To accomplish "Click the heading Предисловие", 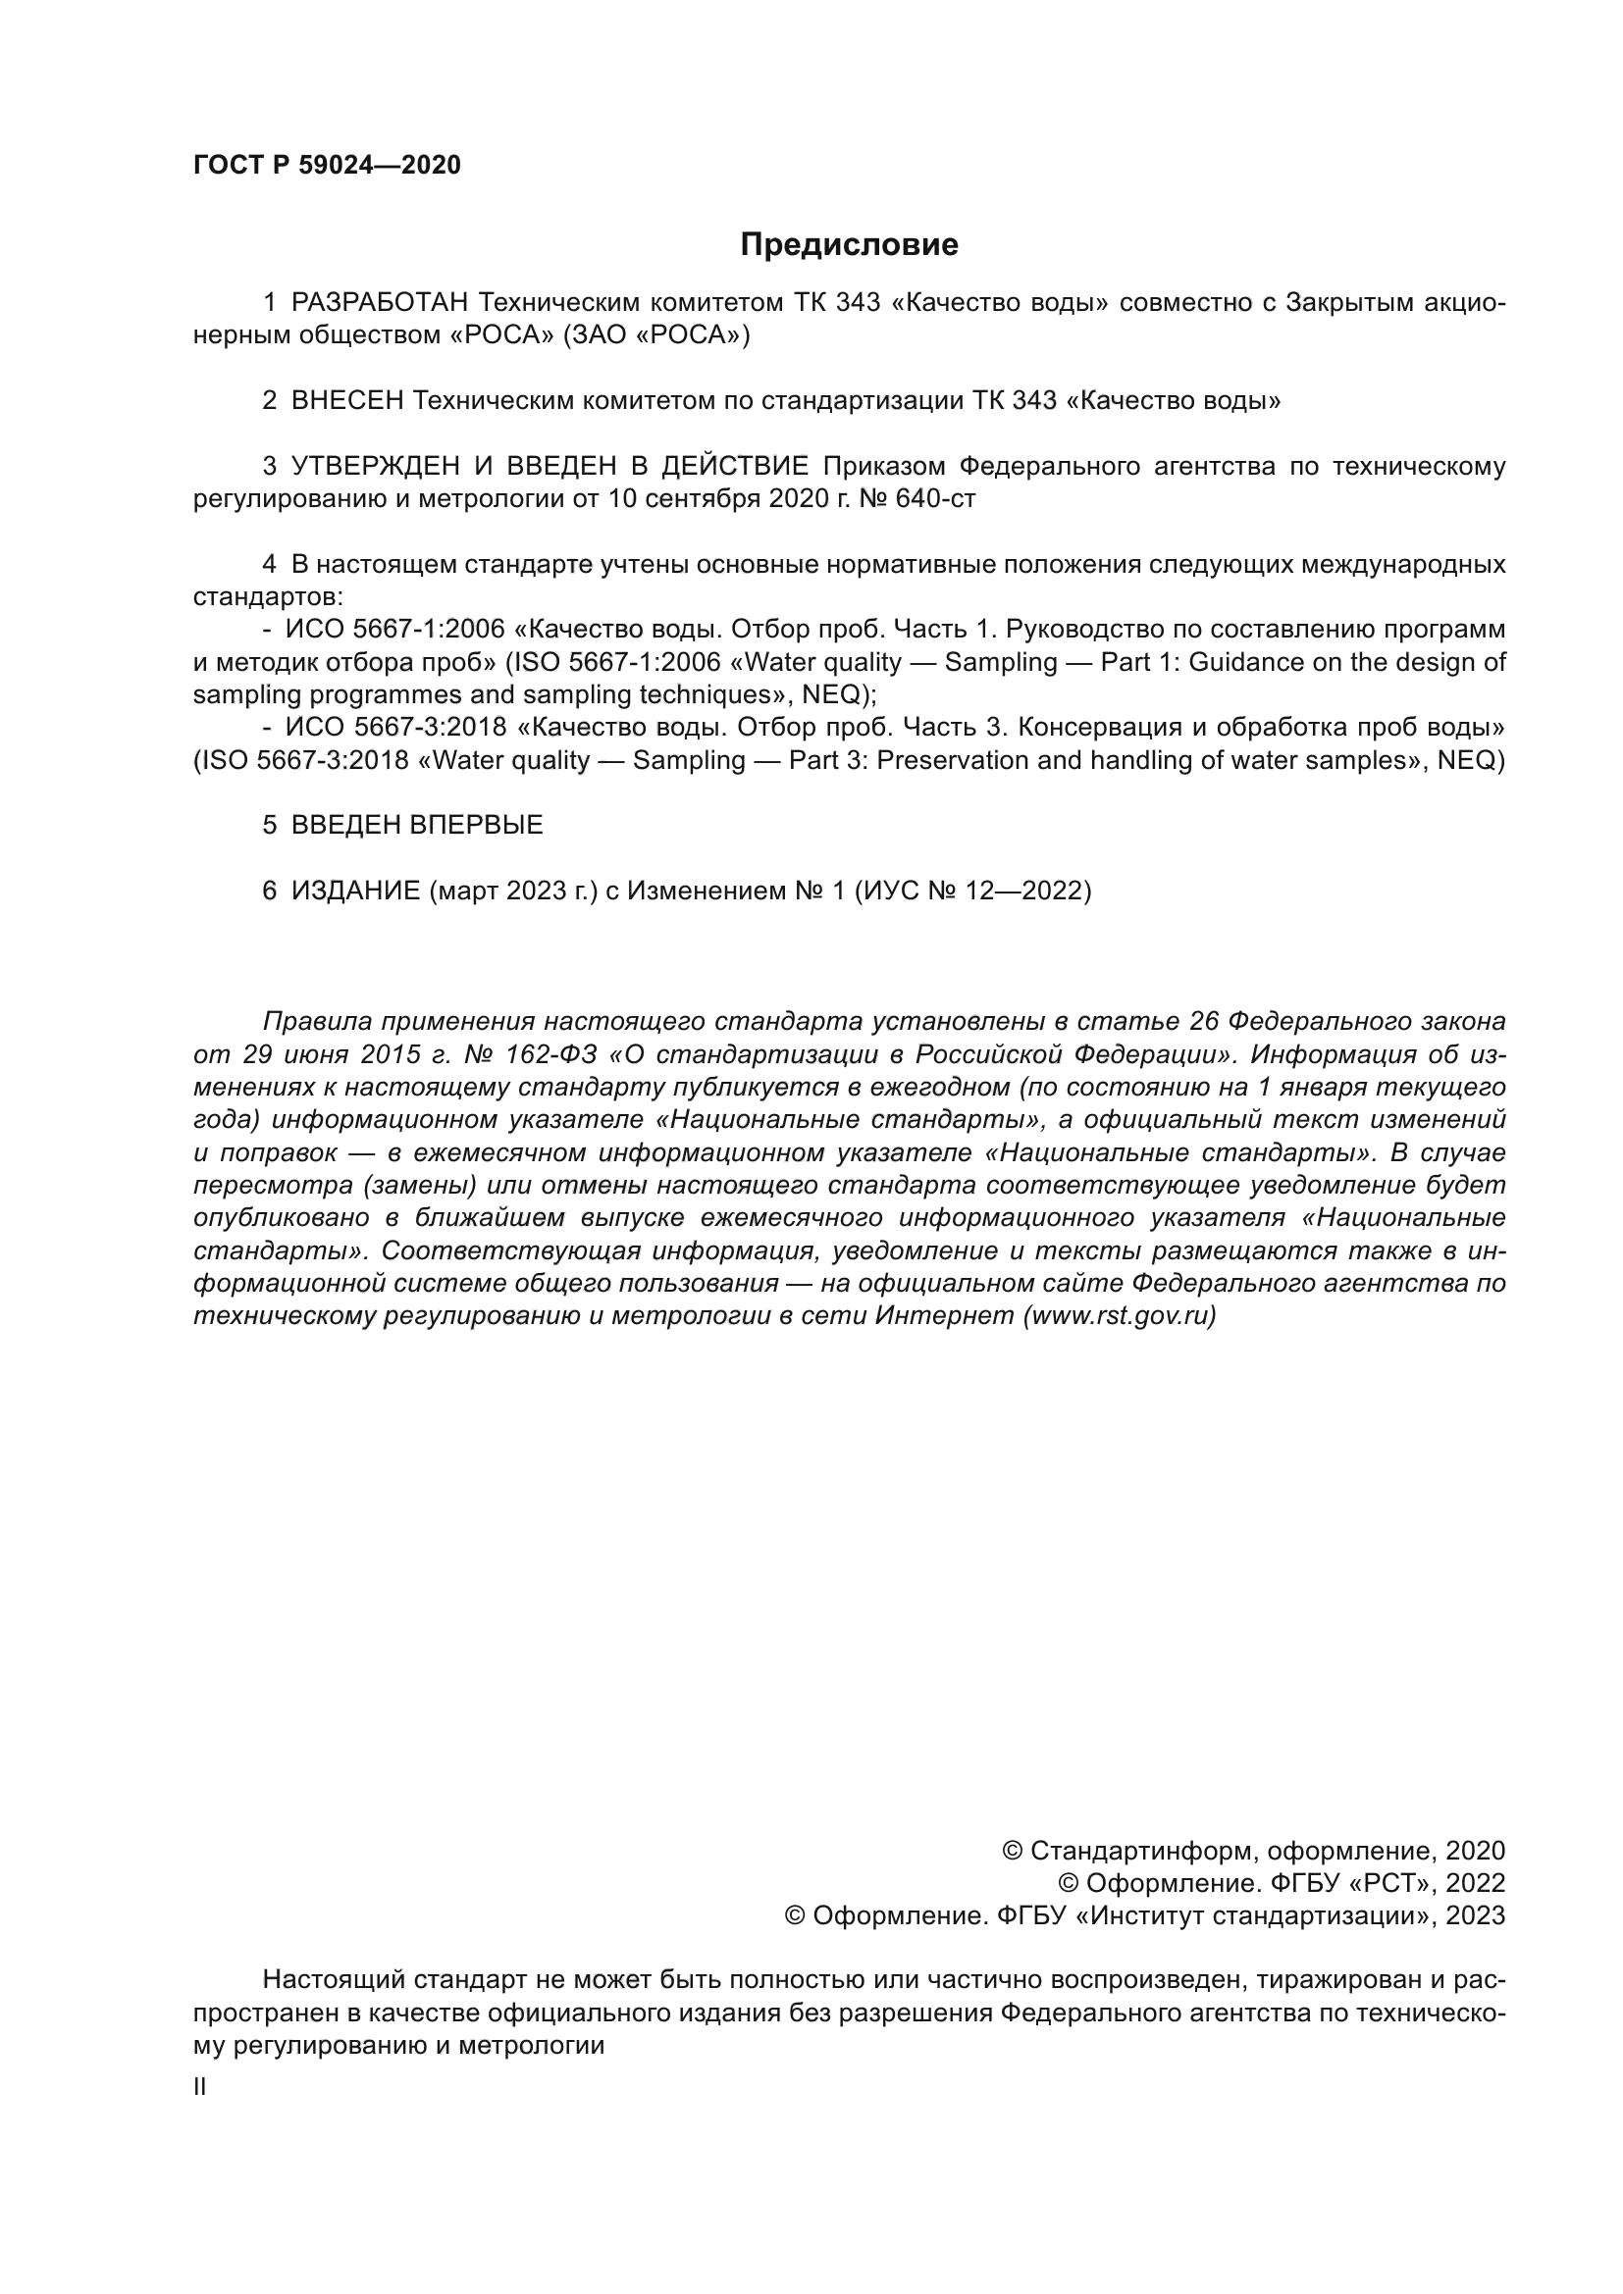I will tap(849, 245).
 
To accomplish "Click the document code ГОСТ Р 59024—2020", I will tap(327, 166).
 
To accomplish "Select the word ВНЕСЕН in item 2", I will tap(346, 401).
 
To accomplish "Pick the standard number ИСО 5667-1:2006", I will tap(395, 630).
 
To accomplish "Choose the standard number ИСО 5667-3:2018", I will tap(395, 728).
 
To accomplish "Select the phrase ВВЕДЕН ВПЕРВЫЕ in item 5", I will tap(417, 825).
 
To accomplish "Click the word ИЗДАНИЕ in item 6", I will tap(356, 891).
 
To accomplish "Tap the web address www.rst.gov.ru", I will tap(1120, 1316).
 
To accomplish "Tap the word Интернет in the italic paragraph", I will tap(944, 1316).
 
